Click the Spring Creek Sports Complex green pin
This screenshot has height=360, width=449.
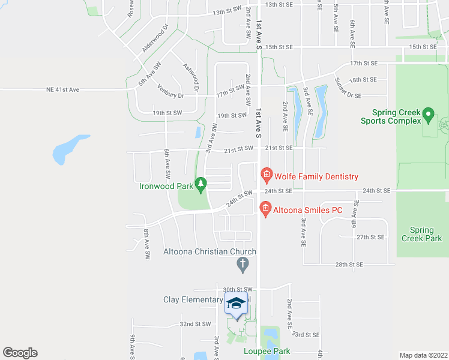(428, 113)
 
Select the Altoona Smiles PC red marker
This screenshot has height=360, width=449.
(265, 209)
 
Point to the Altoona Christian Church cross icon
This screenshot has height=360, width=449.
(243, 263)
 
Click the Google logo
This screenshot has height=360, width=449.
(20, 353)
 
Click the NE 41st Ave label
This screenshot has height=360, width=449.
(62, 89)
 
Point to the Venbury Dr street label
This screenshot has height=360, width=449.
(171, 94)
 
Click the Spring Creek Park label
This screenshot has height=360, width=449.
(421, 234)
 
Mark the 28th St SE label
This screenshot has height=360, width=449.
(349, 264)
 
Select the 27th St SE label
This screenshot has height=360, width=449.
(370, 238)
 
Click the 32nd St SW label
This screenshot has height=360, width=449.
(196, 323)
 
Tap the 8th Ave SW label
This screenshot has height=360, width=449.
(146, 243)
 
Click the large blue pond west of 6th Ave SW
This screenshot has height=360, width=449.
(68, 149)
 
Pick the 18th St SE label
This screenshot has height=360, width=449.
(363, 79)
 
